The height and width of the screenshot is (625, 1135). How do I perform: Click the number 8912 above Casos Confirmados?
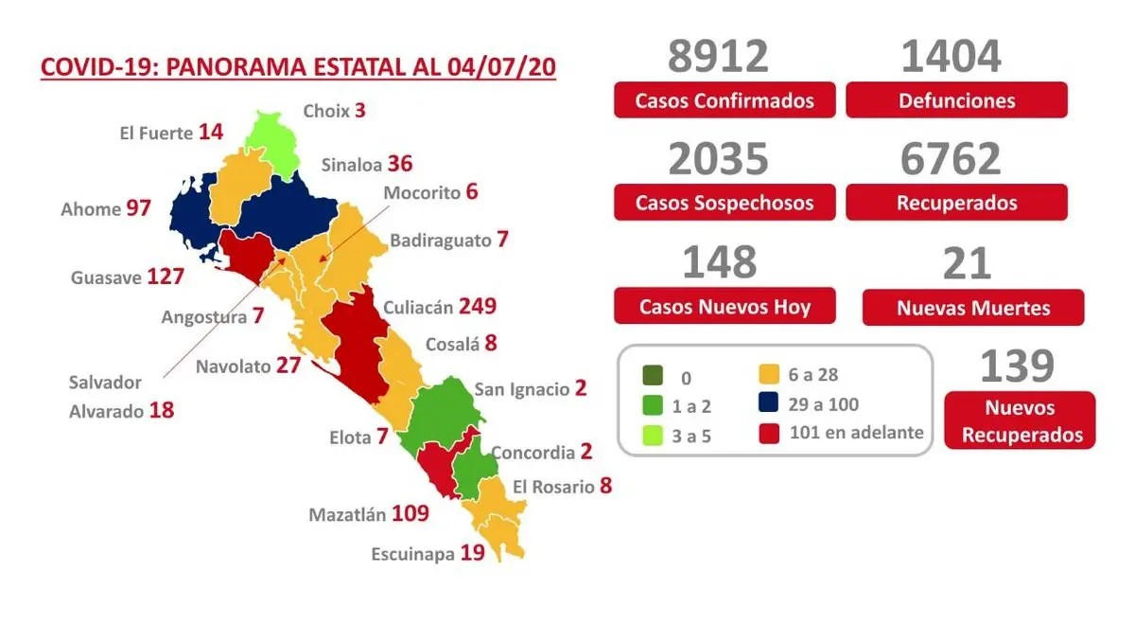pyautogui.click(x=718, y=57)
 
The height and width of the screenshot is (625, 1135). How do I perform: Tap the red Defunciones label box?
pyautogui.click(x=956, y=100)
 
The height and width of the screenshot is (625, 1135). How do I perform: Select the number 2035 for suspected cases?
pyautogui.click(x=718, y=159)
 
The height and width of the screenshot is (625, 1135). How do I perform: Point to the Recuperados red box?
pyautogui.click(x=956, y=203)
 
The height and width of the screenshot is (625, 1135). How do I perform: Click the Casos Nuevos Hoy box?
pyautogui.click(x=725, y=307)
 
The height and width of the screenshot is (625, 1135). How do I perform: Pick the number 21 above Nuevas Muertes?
pyautogui.click(x=967, y=262)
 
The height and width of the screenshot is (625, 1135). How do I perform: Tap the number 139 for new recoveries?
pyautogui.click(x=1017, y=366)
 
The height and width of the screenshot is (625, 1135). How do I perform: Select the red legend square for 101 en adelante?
pyautogui.click(x=769, y=434)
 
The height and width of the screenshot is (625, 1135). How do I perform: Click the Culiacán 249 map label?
pyautogui.click(x=440, y=307)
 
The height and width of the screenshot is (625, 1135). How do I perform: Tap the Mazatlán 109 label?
pyautogui.click(x=369, y=515)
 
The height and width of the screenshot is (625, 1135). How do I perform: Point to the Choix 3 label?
pyautogui.click(x=334, y=111)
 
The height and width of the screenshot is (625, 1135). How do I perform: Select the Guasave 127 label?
pyautogui.click(x=126, y=278)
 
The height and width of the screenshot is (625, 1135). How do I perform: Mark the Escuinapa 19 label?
pyautogui.click(x=428, y=553)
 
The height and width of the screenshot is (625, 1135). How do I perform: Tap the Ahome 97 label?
pyautogui.click(x=105, y=208)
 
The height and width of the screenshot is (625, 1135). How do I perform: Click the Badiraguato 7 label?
pyautogui.click(x=448, y=240)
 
